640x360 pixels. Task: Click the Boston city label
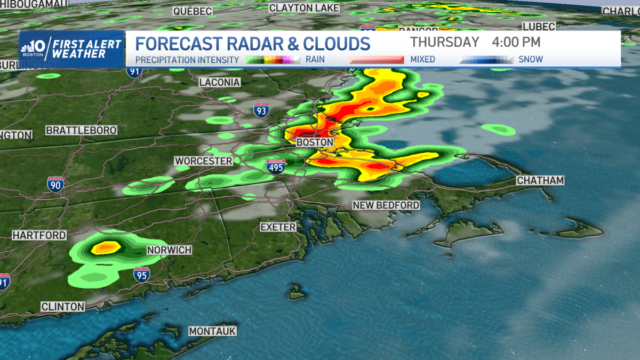[x=315, y=142]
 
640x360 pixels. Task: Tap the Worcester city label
[x=204, y=161]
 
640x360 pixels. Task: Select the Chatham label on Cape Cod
[x=540, y=181]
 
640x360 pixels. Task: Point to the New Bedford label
[x=386, y=205]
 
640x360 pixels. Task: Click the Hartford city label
[x=39, y=235]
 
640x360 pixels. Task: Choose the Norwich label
[x=169, y=250]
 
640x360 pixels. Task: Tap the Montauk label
[x=212, y=331]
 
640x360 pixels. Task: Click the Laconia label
[x=219, y=82]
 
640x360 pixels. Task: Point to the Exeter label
[x=278, y=227]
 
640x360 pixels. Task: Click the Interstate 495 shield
[x=276, y=167]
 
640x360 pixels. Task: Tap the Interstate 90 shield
[x=55, y=184]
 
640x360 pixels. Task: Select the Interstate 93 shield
[x=261, y=110]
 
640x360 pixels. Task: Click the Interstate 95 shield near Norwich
[x=141, y=274]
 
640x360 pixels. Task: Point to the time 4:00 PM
[x=516, y=42]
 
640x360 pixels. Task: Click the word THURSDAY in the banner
[x=445, y=42]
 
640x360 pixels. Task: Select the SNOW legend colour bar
[x=486, y=60]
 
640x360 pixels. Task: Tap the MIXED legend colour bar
[x=376, y=60]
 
